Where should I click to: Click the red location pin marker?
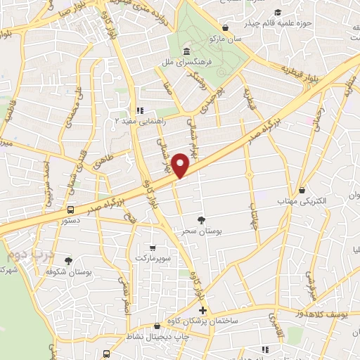(181, 165)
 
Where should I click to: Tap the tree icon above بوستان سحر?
(202, 219)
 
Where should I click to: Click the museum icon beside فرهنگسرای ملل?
(186, 51)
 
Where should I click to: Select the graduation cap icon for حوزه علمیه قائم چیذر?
(278, 13)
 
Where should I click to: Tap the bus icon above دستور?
(70, 210)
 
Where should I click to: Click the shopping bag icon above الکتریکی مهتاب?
(302, 190)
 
